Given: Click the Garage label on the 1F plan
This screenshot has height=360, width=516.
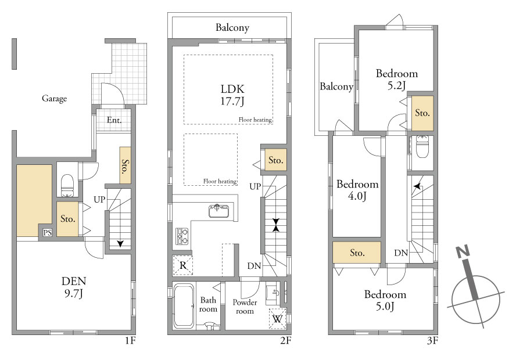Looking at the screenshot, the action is tap(54, 99).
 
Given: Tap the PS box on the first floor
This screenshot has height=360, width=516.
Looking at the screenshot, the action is tap(48, 232).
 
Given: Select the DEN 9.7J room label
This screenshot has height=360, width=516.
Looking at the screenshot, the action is tap(74, 287).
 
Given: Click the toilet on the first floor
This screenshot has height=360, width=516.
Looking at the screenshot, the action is tap(67, 185).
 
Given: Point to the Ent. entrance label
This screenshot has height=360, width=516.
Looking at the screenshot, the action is tap(114, 120).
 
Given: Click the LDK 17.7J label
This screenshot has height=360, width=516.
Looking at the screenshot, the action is tap(232, 95).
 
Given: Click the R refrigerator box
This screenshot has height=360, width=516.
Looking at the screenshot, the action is tap(183, 265).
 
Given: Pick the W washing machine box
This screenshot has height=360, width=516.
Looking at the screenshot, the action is tap(277, 319).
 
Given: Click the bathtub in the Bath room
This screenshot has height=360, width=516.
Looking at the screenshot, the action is tap(184, 306).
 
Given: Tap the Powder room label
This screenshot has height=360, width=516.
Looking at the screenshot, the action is tap(245, 307).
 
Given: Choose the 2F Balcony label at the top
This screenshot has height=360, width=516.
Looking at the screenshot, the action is tap(232, 27).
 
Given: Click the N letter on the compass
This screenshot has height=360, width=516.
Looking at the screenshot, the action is tap(463, 252).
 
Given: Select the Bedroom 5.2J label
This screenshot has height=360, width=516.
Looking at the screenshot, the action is tap(397, 79).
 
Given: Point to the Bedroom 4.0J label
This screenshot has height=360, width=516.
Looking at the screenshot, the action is tap(357, 190).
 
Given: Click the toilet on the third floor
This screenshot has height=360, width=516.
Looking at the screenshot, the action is tap(422, 147).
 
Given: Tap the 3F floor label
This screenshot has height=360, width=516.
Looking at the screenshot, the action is tap(432, 341).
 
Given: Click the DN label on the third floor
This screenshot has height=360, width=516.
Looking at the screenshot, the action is tap(401, 253).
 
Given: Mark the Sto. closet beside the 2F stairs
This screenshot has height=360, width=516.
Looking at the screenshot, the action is tap(276, 160).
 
